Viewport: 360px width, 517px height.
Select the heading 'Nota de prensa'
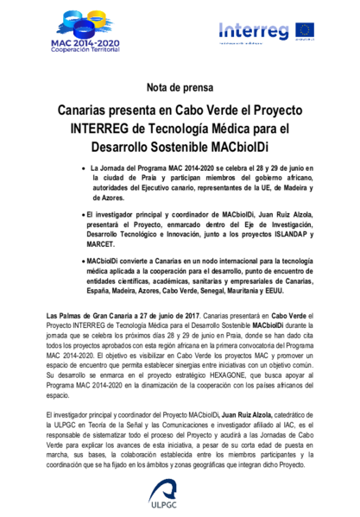(180, 88)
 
